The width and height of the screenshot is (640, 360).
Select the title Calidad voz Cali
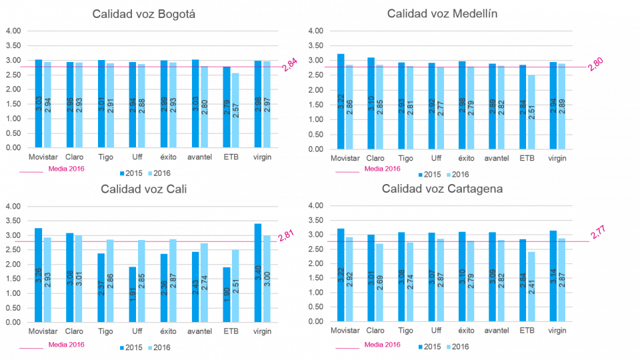(x=144, y=189)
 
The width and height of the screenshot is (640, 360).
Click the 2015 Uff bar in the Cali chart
(x=133, y=294)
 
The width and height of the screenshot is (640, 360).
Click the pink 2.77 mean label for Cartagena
(x=598, y=232)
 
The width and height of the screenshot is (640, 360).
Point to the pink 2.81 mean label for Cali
(x=286, y=235)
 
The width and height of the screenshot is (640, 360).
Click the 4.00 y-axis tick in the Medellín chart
(x=315, y=31)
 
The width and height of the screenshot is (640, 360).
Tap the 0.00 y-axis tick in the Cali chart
(x=13, y=322)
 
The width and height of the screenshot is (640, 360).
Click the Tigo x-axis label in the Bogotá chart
(x=105, y=157)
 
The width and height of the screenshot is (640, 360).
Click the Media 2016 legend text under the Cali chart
(x=66, y=345)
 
